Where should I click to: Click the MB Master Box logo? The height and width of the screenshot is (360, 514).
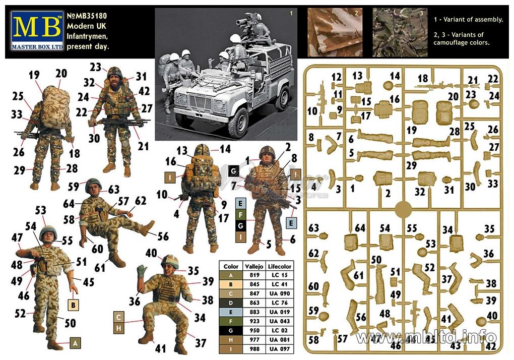click(x=37, y=30)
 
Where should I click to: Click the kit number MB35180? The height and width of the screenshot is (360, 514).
click(x=87, y=16)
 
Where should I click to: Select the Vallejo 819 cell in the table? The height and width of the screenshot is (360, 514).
click(x=254, y=275)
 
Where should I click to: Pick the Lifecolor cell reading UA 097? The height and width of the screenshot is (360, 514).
click(x=280, y=349)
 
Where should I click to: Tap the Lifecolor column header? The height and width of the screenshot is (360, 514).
click(x=279, y=266)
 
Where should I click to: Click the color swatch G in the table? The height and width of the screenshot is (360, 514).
click(x=231, y=330)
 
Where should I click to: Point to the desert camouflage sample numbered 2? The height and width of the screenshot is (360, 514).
click(x=335, y=32)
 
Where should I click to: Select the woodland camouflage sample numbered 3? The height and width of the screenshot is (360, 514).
click(x=400, y=32)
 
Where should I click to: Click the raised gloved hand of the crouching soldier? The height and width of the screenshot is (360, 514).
click(x=142, y=271)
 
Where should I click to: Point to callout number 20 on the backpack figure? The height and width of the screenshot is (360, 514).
click(x=61, y=74)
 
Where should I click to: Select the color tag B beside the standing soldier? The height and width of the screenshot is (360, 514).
click(x=73, y=305)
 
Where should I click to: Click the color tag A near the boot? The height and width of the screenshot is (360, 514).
click(x=75, y=343)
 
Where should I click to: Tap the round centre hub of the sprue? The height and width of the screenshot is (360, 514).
click(x=403, y=209)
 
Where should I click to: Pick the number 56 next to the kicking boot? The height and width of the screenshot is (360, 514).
click(x=163, y=236)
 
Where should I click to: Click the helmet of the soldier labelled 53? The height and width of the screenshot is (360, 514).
click(x=48, y=232)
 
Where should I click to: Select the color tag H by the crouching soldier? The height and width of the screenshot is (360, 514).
click(x=118, y=328)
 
